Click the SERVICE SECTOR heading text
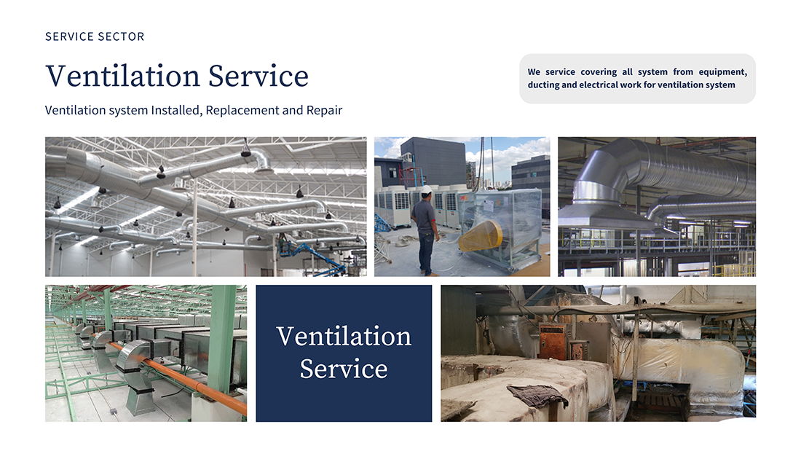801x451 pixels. [95, 37]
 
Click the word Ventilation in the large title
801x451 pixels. [122, 77]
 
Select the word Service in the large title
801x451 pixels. [259, 77]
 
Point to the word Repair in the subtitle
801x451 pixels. [324, 111]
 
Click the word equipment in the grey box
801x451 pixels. [723, 72]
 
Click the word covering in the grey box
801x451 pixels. [599, 72]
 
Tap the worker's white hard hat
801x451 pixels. [427, 189]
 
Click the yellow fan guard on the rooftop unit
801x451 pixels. [481, 236]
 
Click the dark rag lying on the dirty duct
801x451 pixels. [537, 396]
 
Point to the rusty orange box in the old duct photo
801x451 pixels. [554, 340]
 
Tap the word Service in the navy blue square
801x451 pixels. [344, 369]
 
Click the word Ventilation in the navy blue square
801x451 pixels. [344, 337]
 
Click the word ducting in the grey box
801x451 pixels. [543, 85]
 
